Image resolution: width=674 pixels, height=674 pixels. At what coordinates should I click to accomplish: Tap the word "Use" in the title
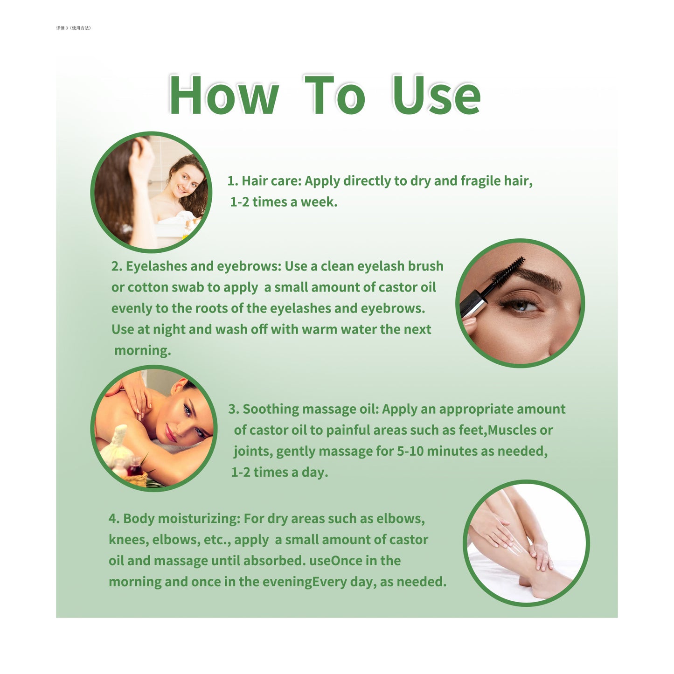click(436, 95)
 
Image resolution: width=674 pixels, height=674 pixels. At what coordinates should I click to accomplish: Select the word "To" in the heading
click(335, 95)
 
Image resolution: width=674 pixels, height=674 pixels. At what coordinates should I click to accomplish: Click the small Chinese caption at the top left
click(73, 28)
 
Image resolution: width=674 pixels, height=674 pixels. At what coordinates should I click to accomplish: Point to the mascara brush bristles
click(508, 269)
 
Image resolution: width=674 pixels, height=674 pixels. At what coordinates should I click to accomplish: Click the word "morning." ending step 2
click(143, 350)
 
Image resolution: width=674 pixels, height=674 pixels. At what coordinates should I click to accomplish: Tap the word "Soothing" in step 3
click(271, 409)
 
